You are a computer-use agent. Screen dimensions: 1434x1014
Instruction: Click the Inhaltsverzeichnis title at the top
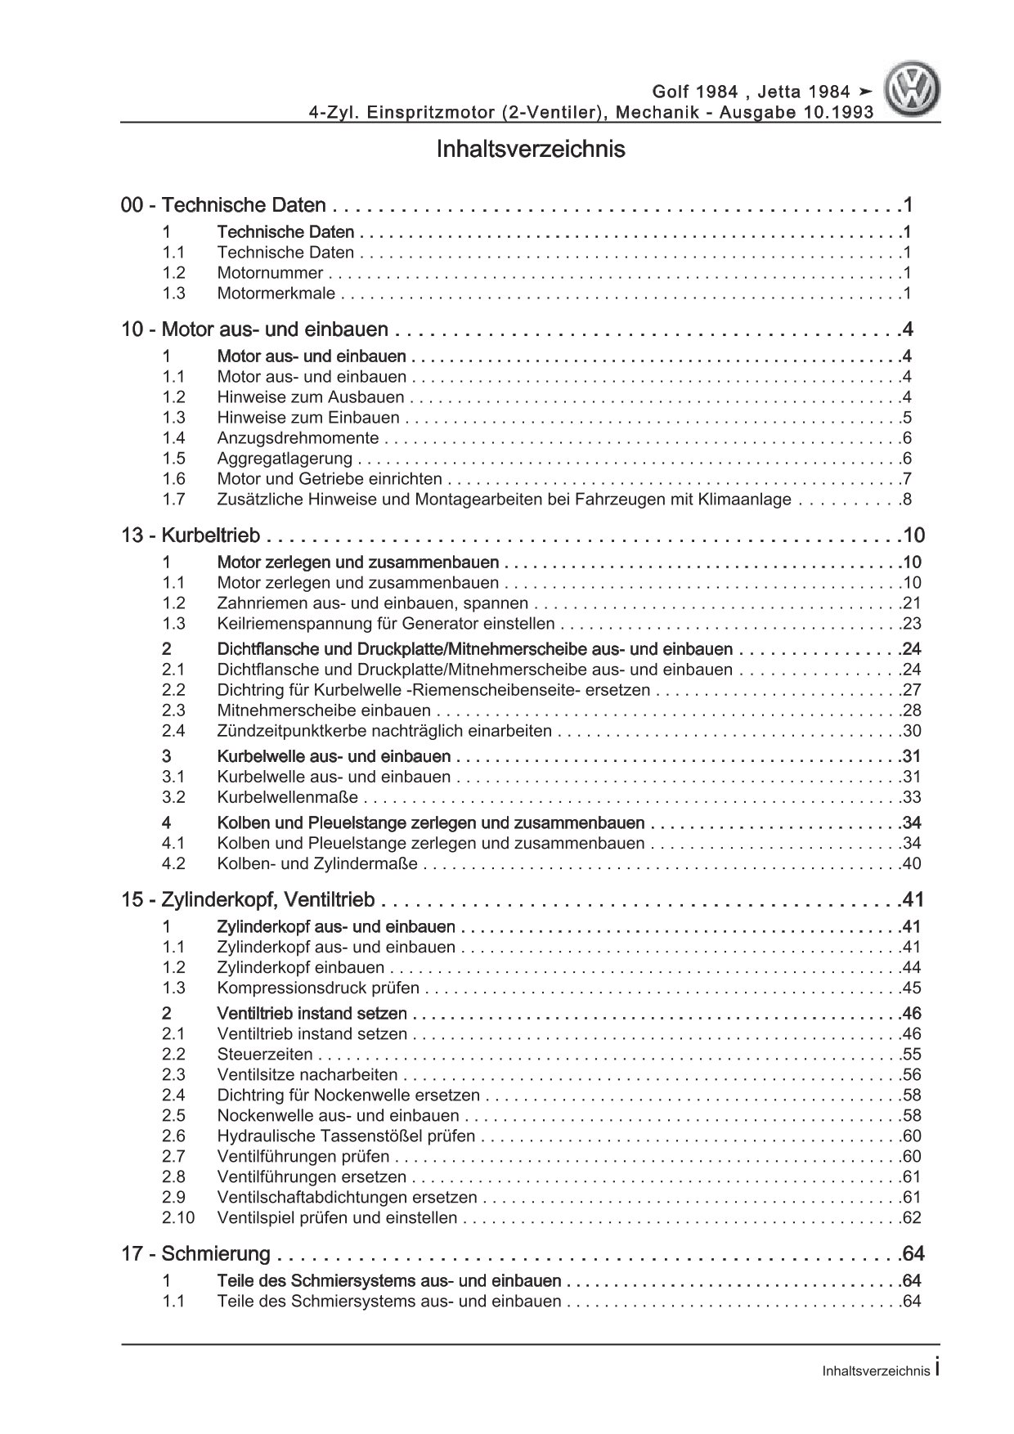pyautogui.click(x=531, y=150)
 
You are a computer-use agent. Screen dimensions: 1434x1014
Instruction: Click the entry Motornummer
pyautogui.click(x=270, y=273)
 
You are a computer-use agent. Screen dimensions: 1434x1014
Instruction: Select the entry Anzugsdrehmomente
pyautogui.click(x=298, y=438)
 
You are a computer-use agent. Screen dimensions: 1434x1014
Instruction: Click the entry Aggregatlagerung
pyautogui.click(x=285, y=459)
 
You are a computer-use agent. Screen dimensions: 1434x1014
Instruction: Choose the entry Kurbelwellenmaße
pyautogui.click(x=287, y=797)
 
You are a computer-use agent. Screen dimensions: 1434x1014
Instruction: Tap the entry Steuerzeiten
pyautogui.click(x=265, y=1055)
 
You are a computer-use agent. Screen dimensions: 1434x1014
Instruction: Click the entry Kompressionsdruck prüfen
pyautogui.click(x=318, y=988)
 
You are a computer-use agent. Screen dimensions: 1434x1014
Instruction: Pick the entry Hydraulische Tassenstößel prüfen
pyautogui.click(x=346, y=1136)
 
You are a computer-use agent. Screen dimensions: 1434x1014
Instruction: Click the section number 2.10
pyautogui.click(x=178, y=1218)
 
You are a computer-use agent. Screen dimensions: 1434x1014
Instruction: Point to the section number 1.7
pyautogui.click(x=173, y=500)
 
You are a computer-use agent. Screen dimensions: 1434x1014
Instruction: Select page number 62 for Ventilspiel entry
pyautogui.click(x=911, y=1218)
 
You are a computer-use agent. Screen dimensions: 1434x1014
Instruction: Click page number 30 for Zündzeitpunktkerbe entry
pyautogui.click(x=911, y=731)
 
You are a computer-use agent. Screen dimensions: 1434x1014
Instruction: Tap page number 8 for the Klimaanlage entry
pyautogui.click(x=907, y=500)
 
